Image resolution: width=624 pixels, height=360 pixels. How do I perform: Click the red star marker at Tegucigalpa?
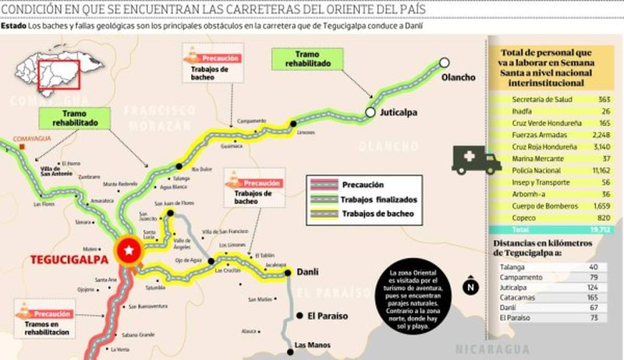(128, 251)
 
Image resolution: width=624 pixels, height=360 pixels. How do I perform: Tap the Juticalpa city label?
(398, 112)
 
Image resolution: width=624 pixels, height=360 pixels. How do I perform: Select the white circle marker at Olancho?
(444, 62)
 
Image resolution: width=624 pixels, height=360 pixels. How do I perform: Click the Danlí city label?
(307, 272)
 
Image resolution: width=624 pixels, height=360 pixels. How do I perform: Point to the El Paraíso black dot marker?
(300, 316)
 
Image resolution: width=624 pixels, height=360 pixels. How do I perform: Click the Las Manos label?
(312, 345)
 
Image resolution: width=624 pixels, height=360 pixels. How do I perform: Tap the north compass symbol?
(470, 285)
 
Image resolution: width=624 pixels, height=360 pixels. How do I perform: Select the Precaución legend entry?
(363, 185)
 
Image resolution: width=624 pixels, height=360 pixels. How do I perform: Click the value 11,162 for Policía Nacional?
(599, 171)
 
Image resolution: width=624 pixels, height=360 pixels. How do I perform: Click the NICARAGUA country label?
(492, 349)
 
